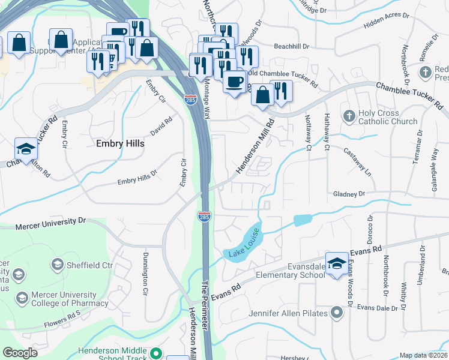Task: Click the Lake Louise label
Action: coord(244,243)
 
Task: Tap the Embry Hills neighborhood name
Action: coord(120,144)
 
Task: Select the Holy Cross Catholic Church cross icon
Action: coord(349,115)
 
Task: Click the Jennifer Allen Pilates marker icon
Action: coord(337,313)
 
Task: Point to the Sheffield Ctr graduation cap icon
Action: coord(58,264)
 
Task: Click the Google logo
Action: coord(20,353)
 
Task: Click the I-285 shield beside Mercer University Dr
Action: coord(204,216)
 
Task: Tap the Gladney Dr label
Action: coord(349,194)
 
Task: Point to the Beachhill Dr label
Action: coord(291,46)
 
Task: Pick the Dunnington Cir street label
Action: coord(145,274)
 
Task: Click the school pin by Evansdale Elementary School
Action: coord(337,262)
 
